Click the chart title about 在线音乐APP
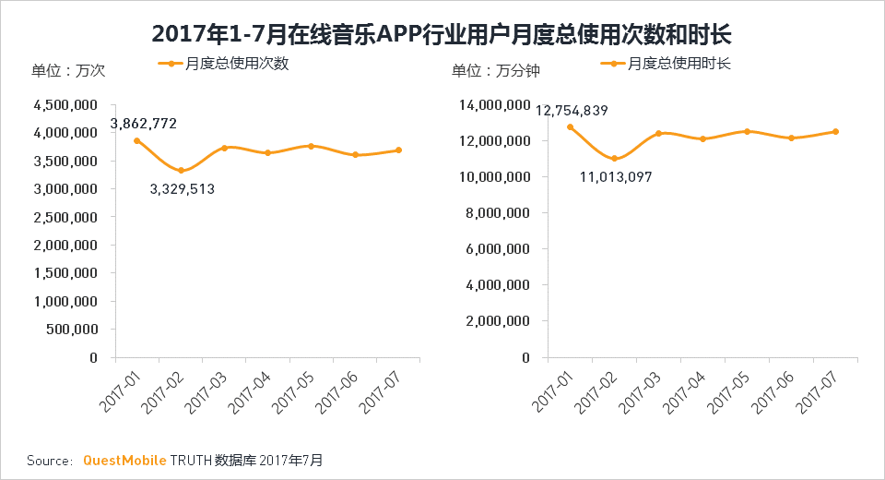tap(442, 34)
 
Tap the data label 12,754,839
tap(572, 111)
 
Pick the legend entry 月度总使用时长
tap(679, 64)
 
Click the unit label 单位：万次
tap(69, 71)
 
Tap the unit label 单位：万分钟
tap(496, 71)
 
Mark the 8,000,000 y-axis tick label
tap(498, 213)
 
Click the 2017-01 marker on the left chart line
tap(136, 140)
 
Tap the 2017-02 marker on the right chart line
tap(614, 159)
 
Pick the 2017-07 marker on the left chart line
tap(398, 150)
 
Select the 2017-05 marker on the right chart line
tap(747, 131)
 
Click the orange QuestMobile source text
tap(124, 460)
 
